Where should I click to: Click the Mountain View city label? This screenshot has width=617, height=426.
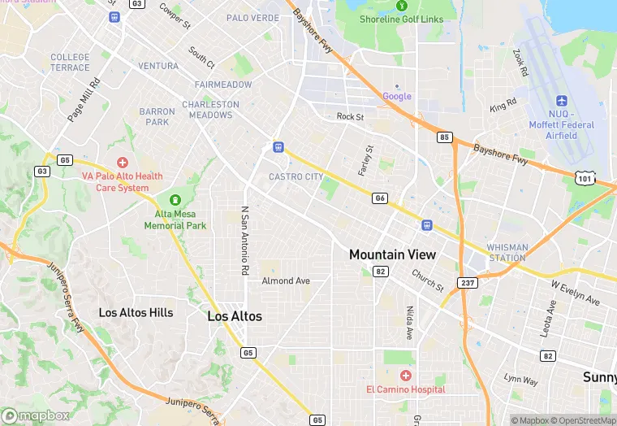[392, 254]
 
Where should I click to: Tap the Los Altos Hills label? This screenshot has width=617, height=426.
[136, 312]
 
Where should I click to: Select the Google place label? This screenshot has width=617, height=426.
[397, 96]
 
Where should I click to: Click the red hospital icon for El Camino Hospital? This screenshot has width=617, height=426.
[405, 376]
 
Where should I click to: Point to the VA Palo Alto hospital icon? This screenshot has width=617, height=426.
[123, 163]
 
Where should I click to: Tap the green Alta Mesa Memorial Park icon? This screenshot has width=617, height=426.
[175, 200]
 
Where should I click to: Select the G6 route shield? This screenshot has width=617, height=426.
[379, 198]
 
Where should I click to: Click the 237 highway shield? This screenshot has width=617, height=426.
[468, 282]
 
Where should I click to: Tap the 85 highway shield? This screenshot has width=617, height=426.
[444, 137]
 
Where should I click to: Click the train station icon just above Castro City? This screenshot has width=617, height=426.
[278, 147]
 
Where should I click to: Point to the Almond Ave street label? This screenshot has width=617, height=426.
[286, 281]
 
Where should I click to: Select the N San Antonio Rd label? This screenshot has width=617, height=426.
[244, 239]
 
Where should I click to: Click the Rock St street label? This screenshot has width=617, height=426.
[350, 116]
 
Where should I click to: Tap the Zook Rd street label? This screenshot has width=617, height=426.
[520, 63]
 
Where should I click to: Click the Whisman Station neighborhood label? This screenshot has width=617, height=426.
[507, 252]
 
